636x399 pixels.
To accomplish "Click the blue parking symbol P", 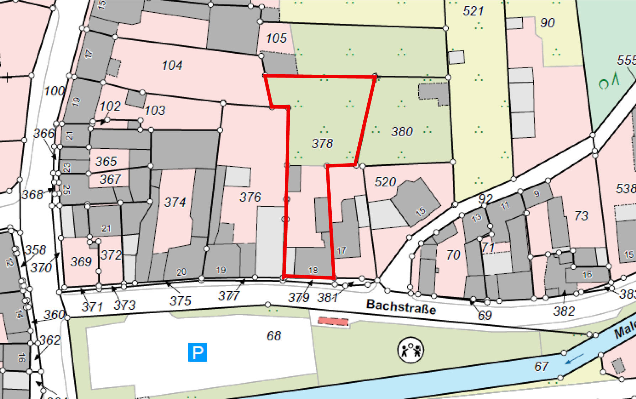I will [198, 352].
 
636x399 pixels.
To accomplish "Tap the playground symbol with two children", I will [410, 350].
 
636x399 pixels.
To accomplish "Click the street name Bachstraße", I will [401, 306].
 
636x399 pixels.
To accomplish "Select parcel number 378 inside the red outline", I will [322, 143].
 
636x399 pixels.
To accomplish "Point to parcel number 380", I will [402, 132].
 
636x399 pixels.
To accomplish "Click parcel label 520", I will [385, 182].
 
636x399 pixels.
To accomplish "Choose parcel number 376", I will [250, 197].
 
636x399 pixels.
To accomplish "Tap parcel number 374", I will [175, 202].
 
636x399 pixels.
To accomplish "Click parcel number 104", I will [172, 65].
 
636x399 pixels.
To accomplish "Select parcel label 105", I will [276, 38].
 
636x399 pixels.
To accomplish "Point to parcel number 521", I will [473, 11].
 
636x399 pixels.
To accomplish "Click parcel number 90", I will [547, 23].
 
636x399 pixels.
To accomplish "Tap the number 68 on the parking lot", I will [274, 335].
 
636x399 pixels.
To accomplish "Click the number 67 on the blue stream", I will [541, 366].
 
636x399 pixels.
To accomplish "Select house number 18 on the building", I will [313, 270].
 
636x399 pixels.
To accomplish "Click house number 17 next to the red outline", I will [341, 251].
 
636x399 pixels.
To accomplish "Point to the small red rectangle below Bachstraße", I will [333, 321].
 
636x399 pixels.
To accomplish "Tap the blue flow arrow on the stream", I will [574, 359].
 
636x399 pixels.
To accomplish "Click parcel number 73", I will [581, 216].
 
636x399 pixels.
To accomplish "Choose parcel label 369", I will [81, 262].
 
